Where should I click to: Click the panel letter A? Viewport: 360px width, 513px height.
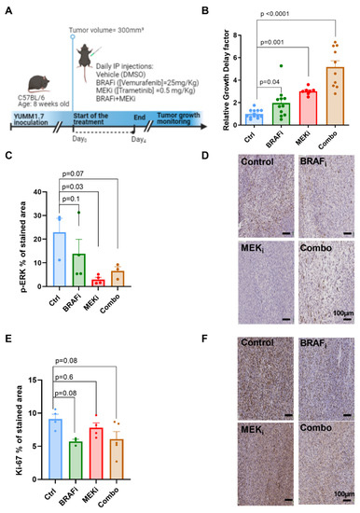[x=6, y=7]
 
